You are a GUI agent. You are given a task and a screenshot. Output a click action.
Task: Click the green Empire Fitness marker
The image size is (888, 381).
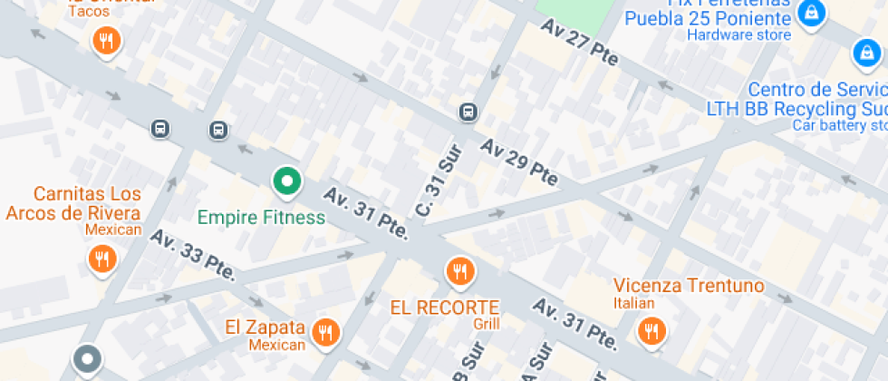coord(287,182)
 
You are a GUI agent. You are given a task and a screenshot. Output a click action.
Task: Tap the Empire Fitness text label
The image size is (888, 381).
coord(261,218)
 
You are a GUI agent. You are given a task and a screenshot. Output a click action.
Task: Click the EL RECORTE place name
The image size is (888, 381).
coord(445,307)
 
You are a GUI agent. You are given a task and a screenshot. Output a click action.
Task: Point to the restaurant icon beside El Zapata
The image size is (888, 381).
coord(324,332)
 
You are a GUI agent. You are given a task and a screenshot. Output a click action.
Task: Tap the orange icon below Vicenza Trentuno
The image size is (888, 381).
coord(650,330)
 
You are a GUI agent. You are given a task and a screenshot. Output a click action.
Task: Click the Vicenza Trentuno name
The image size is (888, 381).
coord(689,286)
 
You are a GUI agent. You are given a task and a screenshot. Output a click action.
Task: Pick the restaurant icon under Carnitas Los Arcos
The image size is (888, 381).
coord(101,259)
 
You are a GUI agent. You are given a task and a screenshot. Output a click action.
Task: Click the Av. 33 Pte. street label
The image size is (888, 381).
coord(193,255)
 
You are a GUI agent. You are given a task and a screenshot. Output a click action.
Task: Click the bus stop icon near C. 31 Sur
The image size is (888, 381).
coord(468,112)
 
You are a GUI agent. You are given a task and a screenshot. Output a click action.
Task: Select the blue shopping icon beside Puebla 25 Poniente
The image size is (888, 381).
coord(811,13)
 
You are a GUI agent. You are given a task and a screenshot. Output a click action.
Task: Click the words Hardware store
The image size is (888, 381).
coord(738,35)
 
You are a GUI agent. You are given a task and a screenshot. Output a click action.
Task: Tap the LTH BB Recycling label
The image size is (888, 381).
coord(796,108)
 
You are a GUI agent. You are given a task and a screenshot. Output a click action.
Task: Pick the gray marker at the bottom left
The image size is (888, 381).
coord(87,359)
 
